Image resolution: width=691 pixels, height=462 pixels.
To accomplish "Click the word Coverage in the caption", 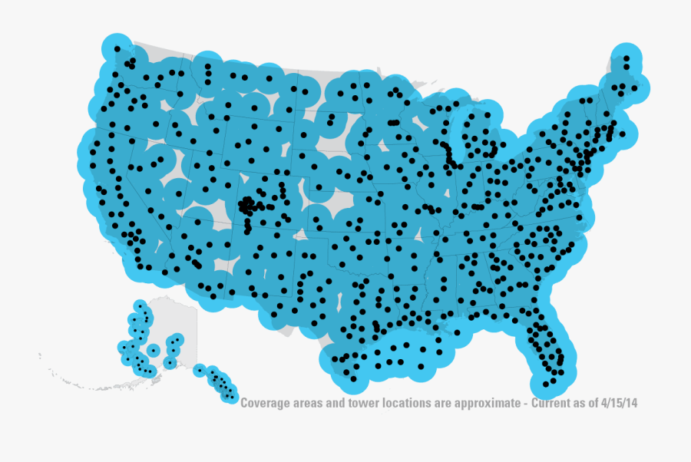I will (x=264, y=403).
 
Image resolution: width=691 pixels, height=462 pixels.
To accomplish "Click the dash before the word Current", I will (x=527, y=403).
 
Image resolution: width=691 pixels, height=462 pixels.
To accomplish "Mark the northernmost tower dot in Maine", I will (x=627, y=58).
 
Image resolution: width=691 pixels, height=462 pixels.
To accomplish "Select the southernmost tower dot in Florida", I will (x=546, y=384).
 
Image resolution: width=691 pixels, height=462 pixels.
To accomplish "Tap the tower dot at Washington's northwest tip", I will (x=117, y=48).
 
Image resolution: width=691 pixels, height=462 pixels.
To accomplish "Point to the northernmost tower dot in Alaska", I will (x=140, y=306).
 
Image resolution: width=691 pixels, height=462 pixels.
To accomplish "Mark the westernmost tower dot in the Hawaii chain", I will (x=199, y=370).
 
